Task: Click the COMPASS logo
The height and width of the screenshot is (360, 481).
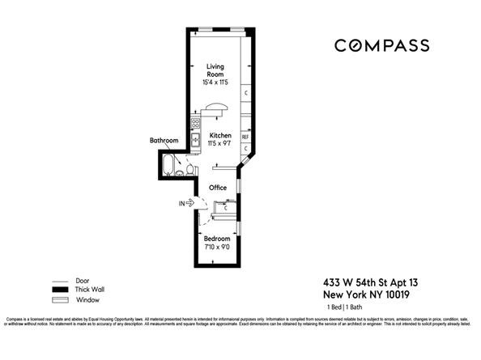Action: pyautogui.click(x=381, y=45)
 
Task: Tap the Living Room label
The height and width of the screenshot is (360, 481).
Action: pyautogui.click(x=216, y=70)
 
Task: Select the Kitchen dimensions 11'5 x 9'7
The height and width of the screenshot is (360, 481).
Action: pyautogui.click(x=220, y=144)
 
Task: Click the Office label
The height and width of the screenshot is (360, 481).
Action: pyautogui.click(x=217, y=188)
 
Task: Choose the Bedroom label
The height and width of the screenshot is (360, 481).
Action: pyautogui.click(x=216, y=239)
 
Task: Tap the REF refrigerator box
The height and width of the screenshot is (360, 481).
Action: pyautogui.click(x=245, y=137)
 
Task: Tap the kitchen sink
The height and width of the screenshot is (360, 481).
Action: pyautogui.click(x=195, y=139)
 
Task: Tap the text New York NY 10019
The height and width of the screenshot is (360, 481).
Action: pyautogui.click(x=372, y=294)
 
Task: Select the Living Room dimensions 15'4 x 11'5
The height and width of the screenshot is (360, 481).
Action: pyautogui.click(x=216, y=82)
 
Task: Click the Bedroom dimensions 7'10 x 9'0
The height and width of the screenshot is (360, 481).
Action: pyautogui.click(x=216, y=248)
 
